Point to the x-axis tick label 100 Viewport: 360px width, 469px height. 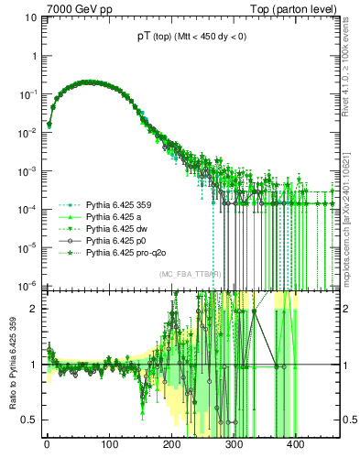click(x=109, y=446)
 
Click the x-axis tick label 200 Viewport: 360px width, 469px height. click(x=171, y=446)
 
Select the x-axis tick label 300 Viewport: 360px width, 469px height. click(x=234, y=446)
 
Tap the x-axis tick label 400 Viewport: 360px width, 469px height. click(x=296, y=446)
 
